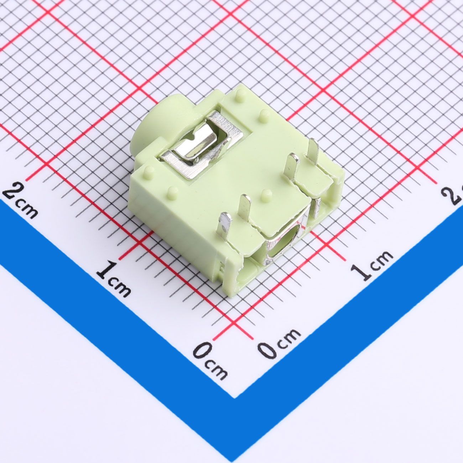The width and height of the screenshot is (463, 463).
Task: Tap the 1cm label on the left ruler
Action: click(x=114, y=279)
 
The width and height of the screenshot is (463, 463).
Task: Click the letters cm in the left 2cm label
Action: click(x=27, y=209)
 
